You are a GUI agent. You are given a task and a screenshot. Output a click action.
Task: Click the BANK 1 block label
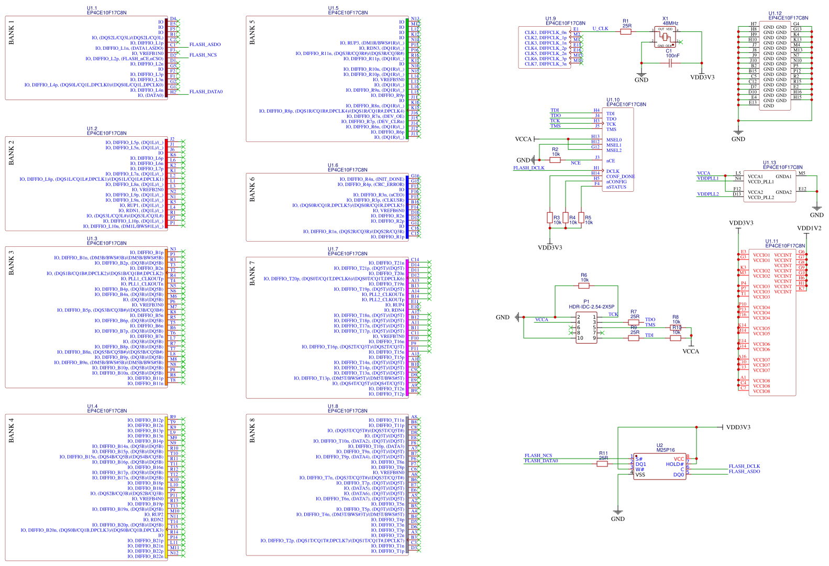[x=12, y=32]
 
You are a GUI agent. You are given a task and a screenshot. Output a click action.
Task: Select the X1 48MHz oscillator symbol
[x=665, y=37]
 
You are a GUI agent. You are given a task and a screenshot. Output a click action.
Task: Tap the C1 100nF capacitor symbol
[x=671, y=63]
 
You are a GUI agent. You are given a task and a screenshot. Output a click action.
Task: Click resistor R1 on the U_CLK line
[x=626, y=31]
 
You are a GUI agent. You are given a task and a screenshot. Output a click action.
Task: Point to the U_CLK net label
[x=600, y=29]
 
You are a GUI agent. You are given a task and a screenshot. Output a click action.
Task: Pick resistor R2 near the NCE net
[x=555, y=159]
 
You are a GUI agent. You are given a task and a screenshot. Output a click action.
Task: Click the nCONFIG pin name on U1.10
[x=616, y=182]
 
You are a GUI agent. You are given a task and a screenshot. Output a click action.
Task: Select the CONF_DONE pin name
[x=621, y=177]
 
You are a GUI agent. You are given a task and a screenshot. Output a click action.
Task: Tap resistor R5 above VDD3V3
[x=581, y=217]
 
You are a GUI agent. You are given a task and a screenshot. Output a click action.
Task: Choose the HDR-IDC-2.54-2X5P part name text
[x=591, y=307]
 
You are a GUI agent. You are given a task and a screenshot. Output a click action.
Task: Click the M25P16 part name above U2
[x=666, y=450]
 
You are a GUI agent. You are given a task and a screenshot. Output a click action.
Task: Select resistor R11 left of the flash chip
[x=603, y=463]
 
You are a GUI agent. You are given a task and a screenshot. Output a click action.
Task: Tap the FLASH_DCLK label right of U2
[x=744, y=466]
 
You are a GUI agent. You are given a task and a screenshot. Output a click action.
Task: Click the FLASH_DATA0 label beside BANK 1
[x=206, y=92]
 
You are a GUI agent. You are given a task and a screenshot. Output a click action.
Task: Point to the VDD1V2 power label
[x=809, y=228]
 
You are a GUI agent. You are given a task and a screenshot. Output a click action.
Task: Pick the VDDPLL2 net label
[x=708, y=194]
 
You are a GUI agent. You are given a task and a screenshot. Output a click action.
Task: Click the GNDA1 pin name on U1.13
[x=783, y=177]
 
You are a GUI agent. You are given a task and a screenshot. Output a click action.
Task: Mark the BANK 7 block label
[x=252, y=274]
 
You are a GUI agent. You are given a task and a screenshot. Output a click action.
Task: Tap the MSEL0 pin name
[x=614, y=140]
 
